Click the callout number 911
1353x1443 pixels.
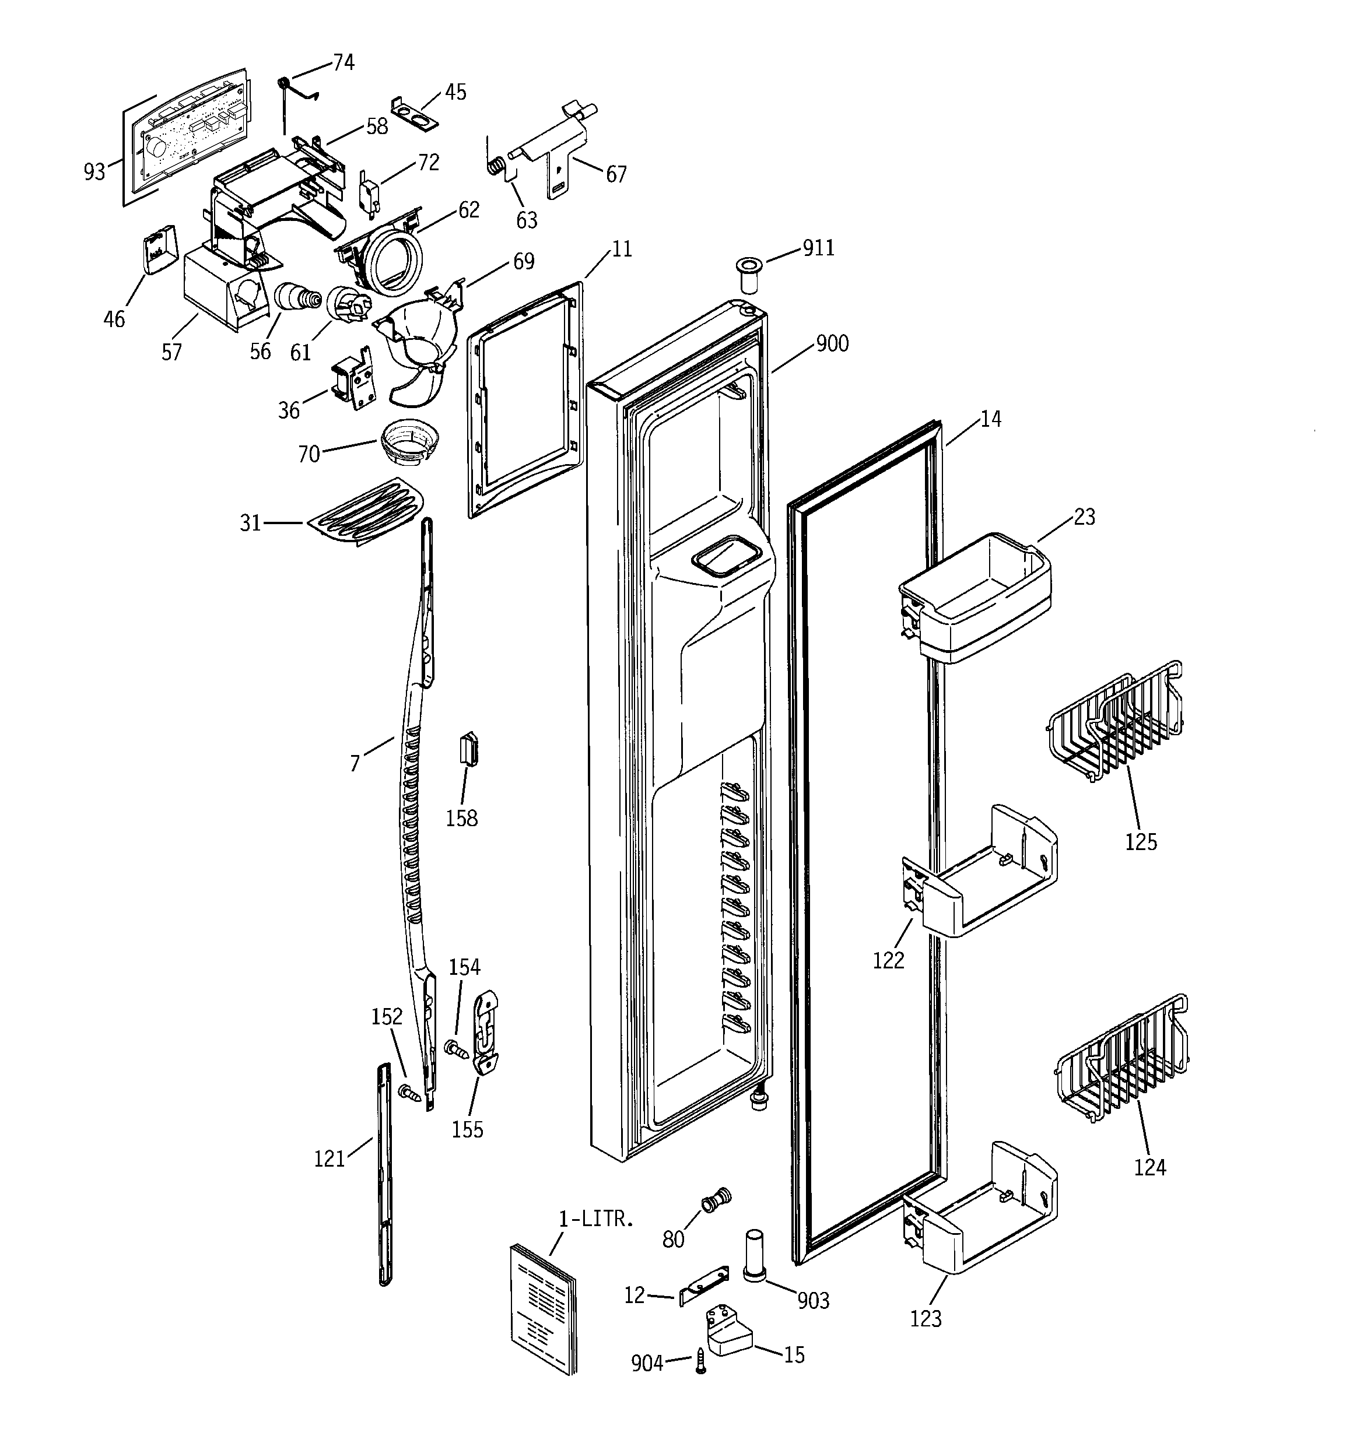[x=818, y=248]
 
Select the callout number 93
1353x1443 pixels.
[x=94, y=172]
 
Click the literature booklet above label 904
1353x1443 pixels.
[x=542, y=1308]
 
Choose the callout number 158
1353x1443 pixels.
[x=461, y=818]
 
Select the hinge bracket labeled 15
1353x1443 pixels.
[x=728, y=1334]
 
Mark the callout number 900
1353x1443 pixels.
[x=832, y=343]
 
